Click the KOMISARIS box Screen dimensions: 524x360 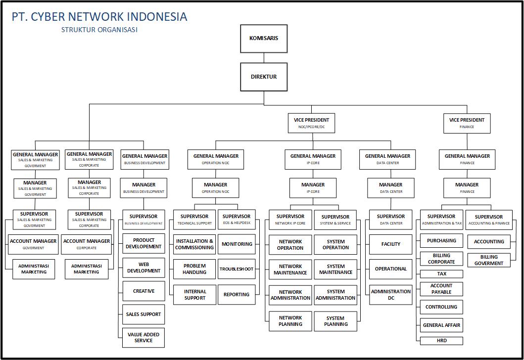coord(264,39)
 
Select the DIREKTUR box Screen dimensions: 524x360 coord(264,77)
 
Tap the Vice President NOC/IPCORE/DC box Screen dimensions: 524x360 coord(311,123)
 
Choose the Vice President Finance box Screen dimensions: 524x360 coord(467,123)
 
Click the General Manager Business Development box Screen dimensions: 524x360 coord(144,159)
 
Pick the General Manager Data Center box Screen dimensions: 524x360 coord(387,159)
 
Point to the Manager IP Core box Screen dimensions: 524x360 coord(313,188)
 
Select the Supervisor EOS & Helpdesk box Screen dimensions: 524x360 coord(237,220)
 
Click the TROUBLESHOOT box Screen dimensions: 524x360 coord(237,269)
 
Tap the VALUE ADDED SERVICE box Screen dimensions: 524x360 coord(143,338)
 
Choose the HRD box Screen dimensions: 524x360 coord(441,341)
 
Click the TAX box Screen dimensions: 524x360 coord(441,274)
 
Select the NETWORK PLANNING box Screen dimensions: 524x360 coord(290,321)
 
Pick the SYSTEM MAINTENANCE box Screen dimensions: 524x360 coord(335,269)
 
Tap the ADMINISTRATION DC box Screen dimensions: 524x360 coord(391,295)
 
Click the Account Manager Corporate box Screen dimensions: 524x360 coord(87,244)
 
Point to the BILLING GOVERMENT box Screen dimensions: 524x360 coord(489,260)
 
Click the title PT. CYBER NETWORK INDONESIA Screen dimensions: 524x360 coord(99,17)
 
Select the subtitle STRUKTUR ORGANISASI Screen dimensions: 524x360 coord(99,30)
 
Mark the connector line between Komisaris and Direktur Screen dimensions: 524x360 coord(264,58)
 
